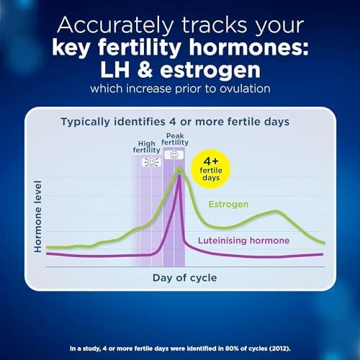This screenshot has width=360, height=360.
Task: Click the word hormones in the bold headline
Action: tap(248, 48)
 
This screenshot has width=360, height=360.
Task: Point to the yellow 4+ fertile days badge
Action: tap(211, 169)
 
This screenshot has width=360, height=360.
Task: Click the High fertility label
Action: tap(146, 147)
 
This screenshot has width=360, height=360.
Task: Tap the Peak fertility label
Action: tap(175, 139)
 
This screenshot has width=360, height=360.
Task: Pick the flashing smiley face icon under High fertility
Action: tap(151, 163)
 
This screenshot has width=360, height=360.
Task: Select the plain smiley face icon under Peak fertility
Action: tap(174, 155)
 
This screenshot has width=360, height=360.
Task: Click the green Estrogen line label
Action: tap(228, 204)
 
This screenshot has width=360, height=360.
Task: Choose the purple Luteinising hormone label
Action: tap(243, 240)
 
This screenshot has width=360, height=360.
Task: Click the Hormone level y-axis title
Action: tap(38, 216)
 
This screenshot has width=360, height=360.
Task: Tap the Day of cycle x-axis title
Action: tap(185, 278)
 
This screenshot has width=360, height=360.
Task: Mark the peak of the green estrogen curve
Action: tap(179, 167)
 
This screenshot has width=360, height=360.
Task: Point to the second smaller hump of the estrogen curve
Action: tap(276, 211)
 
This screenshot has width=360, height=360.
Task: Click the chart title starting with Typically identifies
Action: tap(175, 122)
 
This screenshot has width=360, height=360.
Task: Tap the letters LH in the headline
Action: tap(115, 70)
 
